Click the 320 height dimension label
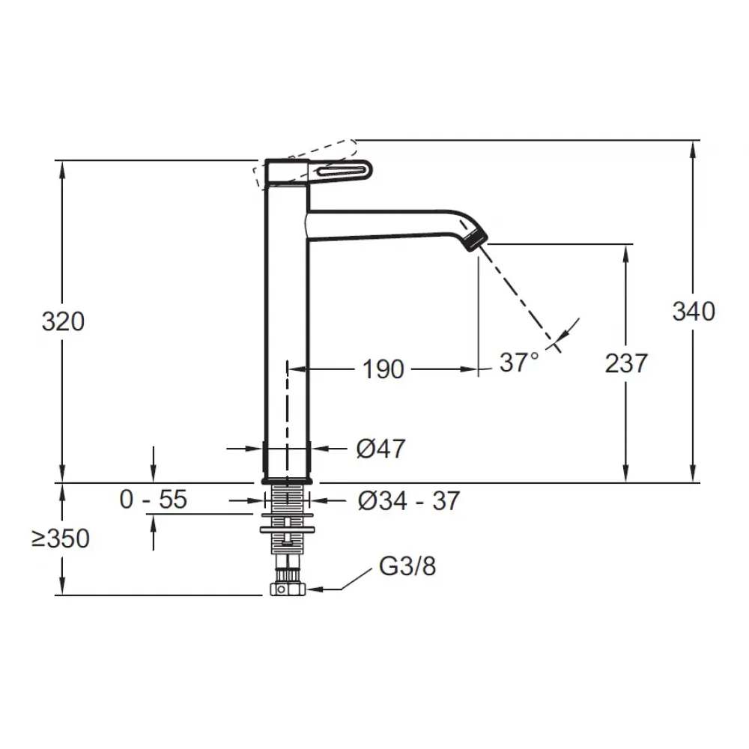coord(63,321)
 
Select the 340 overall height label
coord(694,312)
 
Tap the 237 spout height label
coord(626,363)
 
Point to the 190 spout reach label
coord(383,369)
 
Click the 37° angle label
coord(519,363)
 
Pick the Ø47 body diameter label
coord(380,449)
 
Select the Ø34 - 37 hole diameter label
coord(408,500)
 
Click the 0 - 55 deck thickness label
coord(153,500)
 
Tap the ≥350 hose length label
coord(61,539)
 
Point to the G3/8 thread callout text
coord(407,566)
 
